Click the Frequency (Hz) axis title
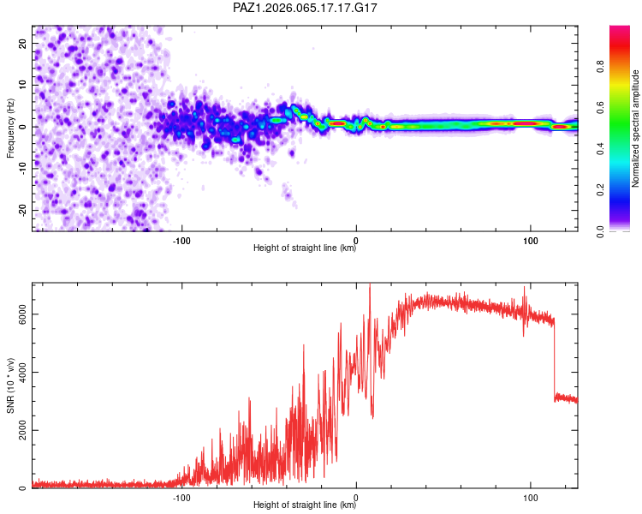10,128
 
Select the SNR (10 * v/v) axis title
10,385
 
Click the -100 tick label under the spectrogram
181,241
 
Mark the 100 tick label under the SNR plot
531,497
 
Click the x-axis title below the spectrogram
305,249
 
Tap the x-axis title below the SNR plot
305,505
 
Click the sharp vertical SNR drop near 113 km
554,360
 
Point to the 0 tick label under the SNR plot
356,497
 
